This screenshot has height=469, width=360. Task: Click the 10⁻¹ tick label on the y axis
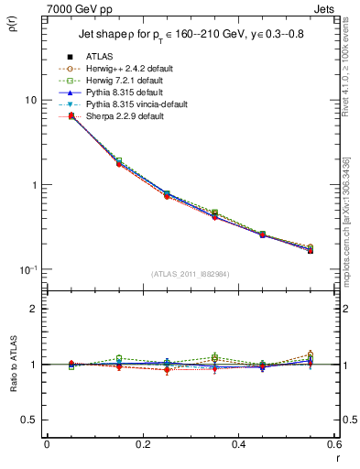pos(28,269)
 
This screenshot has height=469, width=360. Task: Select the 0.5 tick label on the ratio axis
pos(30,420)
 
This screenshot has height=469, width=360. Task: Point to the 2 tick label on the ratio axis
pos(34,309)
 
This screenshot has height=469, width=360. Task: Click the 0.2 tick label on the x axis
pos(142,443)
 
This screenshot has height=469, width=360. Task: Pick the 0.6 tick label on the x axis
pos(334,443)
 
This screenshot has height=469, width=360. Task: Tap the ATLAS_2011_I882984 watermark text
pos(190,274)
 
